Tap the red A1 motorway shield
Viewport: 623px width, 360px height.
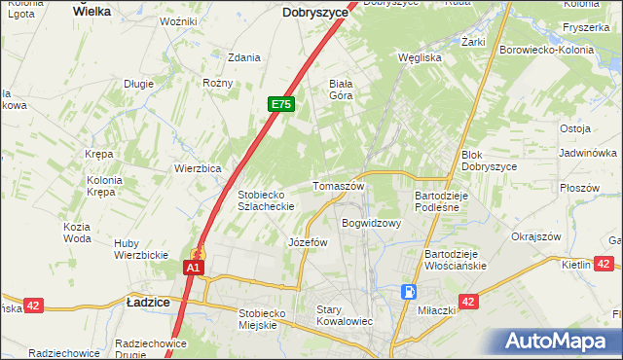[x=194, y=268]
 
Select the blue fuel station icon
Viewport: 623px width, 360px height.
[x=411, y=291]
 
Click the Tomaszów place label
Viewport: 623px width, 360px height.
[x=338, y=186]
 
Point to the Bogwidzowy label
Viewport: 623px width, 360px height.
[x=372, y=223]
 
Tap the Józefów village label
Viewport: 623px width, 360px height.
[x=308, y=242]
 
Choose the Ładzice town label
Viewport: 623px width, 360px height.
[x=148, y=303]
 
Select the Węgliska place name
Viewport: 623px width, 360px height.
[x=421, y=57]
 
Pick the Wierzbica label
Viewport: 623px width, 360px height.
[x=199, y=167]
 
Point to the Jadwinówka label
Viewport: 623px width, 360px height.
[x=588, y=153]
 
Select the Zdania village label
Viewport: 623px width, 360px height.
[x=243, y=57]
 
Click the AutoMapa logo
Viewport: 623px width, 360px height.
[x=560, y=342]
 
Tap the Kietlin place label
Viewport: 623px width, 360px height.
[x=577, y=264]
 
